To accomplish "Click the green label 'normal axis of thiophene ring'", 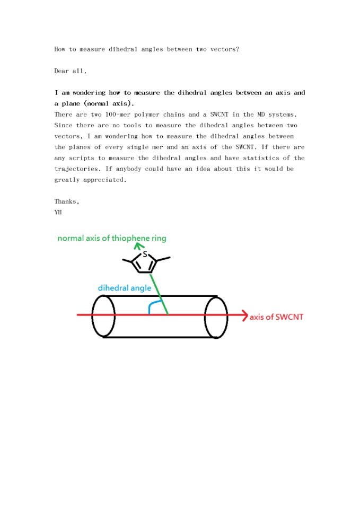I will point(112,238).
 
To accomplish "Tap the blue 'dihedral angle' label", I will point(125,288).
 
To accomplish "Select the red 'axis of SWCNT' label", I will point(276,317).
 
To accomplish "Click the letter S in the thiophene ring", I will point(145,254).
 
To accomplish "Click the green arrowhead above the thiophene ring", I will point(141,245).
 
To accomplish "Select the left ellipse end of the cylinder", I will point(103,316).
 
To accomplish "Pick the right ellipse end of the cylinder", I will point(216,317).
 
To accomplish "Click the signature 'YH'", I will point(58,212).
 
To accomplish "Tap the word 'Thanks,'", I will point(67,201).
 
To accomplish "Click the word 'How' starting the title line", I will point(60,49).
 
